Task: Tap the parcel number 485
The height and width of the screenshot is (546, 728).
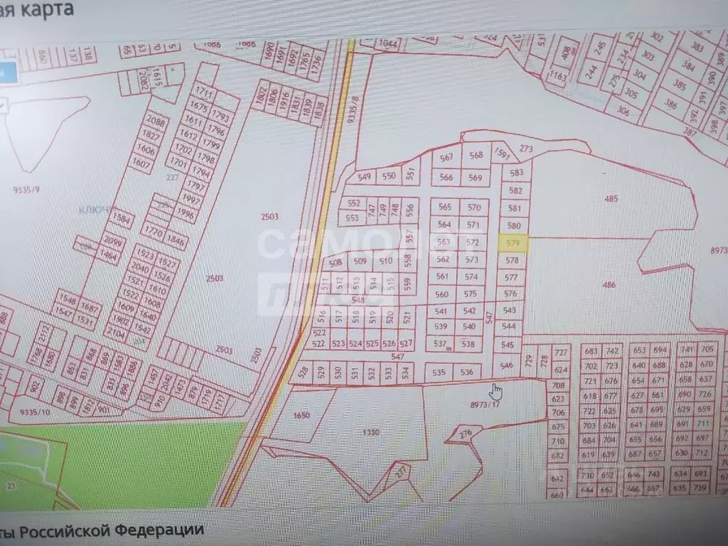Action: (611, 198)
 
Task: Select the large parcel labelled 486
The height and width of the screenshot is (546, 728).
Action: (608, 284)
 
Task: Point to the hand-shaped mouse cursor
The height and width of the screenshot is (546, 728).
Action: (496, 391)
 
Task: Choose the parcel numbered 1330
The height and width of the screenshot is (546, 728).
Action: (371, 432)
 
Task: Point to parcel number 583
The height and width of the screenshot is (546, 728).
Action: (516, 173)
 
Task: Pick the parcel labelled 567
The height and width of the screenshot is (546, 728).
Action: (446, 158)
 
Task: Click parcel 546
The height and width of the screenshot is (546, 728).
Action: (506, 365)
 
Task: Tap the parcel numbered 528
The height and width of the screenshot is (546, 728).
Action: (304, 371)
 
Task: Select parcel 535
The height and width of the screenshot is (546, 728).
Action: (439, 372)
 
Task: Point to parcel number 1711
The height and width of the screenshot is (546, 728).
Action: (205, 92)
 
